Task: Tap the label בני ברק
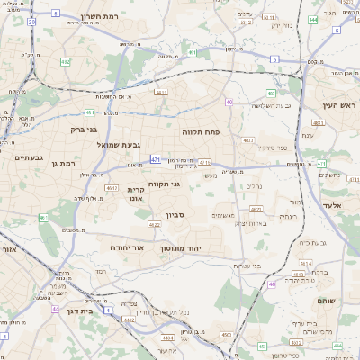point(83,129)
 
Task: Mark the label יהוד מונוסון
point(185,247)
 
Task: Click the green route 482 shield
point(66,62)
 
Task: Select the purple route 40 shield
point(230,102)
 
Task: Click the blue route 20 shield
point(31,22)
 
